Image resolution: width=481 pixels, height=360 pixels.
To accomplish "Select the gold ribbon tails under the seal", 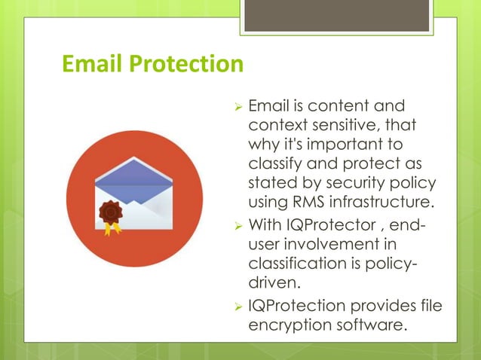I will pyautogui.click(x=112, y=228).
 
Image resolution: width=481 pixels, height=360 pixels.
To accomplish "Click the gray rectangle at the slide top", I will pyautogui.click(x=336, y=15).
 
